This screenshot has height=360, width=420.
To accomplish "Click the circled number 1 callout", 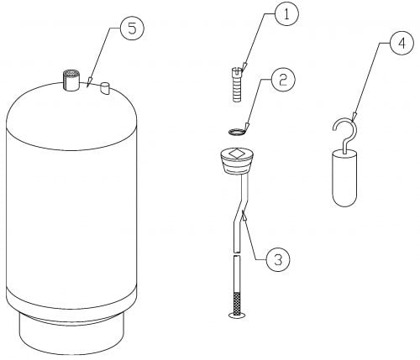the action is [286, 13].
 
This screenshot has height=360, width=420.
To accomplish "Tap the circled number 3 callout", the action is [278, 259].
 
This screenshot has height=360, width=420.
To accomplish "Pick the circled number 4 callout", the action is [402, 43].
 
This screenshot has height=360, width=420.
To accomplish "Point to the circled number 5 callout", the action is [132, 29].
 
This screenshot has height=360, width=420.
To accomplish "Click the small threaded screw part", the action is [237, 85].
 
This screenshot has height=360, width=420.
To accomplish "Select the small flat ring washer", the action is [237, 131].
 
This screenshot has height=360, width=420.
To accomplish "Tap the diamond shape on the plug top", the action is [237, 154].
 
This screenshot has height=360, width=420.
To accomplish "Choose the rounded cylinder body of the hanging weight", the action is [344, 179].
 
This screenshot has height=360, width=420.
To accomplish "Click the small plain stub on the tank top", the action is [105, 89].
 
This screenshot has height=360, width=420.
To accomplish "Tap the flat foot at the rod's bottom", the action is [237, 315].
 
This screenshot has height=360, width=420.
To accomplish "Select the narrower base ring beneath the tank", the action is [71, 333].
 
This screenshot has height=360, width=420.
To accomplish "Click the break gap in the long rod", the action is [237, 253].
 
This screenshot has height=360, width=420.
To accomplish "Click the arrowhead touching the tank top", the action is [89, 81].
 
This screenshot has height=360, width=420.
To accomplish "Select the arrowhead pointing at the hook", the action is [354, 116].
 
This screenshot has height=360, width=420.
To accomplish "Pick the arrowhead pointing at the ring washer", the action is [247, 127].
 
